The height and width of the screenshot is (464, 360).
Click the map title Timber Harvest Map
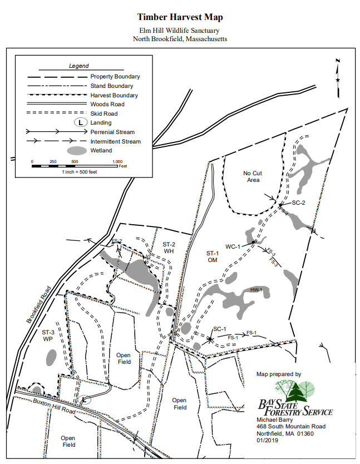point(179,17)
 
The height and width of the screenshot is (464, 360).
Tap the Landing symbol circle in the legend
point(81,122)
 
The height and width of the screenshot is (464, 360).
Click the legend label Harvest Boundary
point(114,95)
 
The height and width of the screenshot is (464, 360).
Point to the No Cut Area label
point(253,176)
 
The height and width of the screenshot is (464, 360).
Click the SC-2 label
point(299,203)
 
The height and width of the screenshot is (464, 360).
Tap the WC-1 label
point(233,246)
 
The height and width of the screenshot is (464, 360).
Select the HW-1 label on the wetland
point(256,290)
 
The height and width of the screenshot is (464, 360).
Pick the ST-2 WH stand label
point(169,248)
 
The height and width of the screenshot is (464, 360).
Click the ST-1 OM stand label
point(213,256)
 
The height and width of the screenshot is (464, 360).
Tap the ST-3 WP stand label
point(48,335)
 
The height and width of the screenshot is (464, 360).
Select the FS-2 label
point(116,241)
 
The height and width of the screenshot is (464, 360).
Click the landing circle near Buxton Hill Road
point(85,399)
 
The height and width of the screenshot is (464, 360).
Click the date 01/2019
point(267,442)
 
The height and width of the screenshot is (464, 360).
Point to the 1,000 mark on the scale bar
point(117,161)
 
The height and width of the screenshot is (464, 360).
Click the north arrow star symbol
point(338,81)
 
